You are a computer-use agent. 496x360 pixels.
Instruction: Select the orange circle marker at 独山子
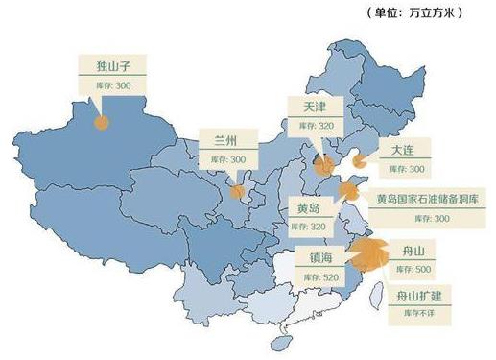pos(101,121)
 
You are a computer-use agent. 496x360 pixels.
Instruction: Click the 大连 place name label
pos(403,151)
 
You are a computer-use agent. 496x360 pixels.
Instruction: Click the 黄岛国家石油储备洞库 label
pos(429,200)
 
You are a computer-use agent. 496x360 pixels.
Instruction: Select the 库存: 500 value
pos(411,269)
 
